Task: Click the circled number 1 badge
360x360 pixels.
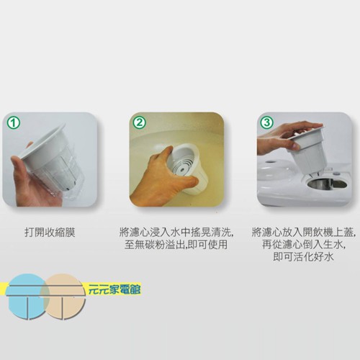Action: click(x=12, y=122)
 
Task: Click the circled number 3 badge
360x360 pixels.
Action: click(x=266, y=122)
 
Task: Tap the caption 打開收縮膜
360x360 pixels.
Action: click(x=50, y=233)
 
